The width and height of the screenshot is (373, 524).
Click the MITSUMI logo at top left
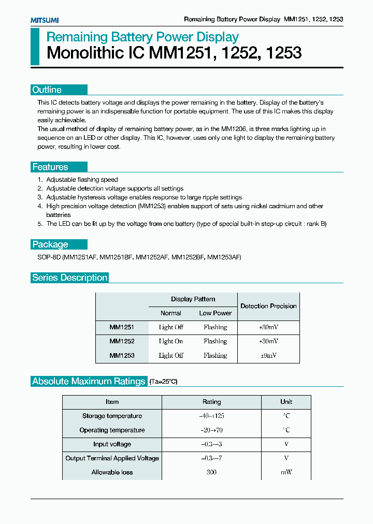tap(44, 20)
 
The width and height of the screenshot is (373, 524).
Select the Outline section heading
tap(47, 90)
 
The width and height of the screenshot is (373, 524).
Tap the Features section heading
tap(50, 167)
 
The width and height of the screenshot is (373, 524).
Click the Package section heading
tap(50, 244)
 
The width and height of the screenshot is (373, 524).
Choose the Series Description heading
tap(70, 278)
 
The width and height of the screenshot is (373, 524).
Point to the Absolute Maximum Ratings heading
tap(89, 381)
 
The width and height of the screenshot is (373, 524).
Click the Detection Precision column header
tap(268, 306)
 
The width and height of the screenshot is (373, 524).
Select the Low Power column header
tap(215, 313)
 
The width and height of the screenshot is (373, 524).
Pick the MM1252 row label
tap(122, 341)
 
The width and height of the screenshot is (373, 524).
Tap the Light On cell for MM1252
tap(171, 341)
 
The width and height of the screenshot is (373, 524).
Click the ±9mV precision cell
tap(268, 356)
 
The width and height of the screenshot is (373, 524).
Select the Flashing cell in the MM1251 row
tap(215, 327)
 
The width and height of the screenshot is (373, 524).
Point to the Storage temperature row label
tap(112, 416)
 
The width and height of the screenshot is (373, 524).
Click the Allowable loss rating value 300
tap(211, 472)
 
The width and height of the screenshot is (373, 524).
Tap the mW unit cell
tap(286, 472)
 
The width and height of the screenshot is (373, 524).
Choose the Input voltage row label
tap(112, 444)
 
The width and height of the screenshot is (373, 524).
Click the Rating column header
tap(211, 402)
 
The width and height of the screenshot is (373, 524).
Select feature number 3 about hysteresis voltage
tap(144, 197)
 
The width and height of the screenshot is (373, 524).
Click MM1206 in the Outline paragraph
tap(234, 129)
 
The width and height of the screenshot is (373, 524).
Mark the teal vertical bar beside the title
tap(34, 47)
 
